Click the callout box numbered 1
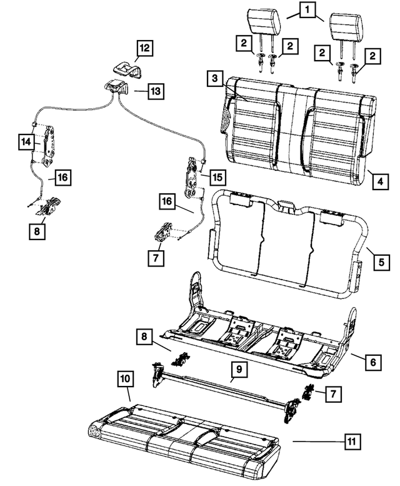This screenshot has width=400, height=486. click(x=307, y=10)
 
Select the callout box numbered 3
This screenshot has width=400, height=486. click(x=215, y=78)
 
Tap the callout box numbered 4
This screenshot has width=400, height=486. click(x=381, y=181)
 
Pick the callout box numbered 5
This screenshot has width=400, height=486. click(x=381, y=262)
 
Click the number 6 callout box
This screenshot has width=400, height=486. click(x=373, y=362)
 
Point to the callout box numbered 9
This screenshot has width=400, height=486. click(x=239, y=370)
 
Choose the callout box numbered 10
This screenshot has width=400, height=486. click(x=126, y=379)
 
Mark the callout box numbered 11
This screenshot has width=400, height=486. click(x=352, y=441)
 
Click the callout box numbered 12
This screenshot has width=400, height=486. click(x=145, y=48)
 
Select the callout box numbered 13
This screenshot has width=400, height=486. click(x=156, y=91)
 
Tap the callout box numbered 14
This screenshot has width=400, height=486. click(x=26, y=142)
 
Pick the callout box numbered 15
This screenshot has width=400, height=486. click(x=217, y=177)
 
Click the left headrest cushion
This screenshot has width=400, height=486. click(x=264, y=21)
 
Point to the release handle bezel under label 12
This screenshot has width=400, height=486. click(x=127, y=70)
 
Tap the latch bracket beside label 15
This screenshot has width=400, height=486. click(x=191, y=178)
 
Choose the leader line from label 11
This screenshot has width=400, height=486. click(x=318, y=441)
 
